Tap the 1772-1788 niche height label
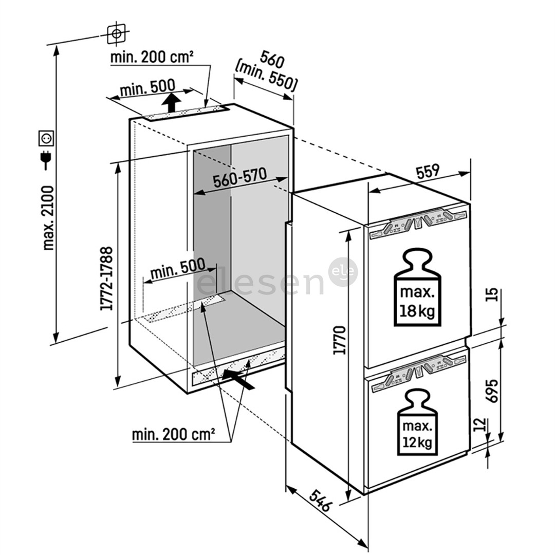(x=107, y=277)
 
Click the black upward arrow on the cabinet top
(x=171, y=102)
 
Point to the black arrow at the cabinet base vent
(x=239, y=380)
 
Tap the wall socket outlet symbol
(x=47, y=138)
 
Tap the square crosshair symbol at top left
(x=116, y=33)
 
